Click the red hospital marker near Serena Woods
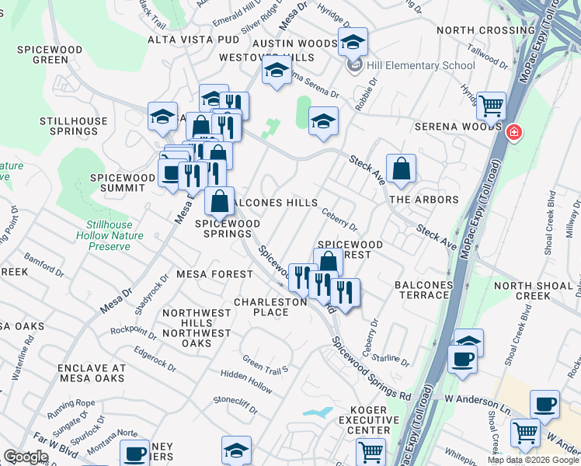513,133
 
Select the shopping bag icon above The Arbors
401,169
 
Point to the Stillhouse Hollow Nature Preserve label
104,235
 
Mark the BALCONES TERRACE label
423,290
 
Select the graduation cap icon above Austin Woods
353,41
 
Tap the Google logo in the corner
26,456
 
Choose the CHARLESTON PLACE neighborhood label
270,307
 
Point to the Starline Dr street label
390,357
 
